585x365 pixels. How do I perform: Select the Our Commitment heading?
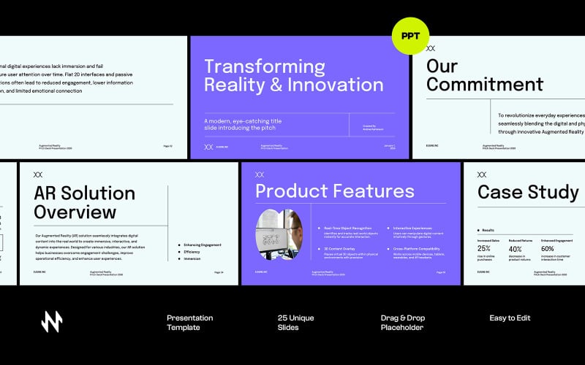click(484, 75)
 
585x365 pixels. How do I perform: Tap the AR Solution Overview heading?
click(84, 202)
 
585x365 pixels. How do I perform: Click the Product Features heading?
click(334, 192)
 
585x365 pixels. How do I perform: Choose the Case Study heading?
click(528, 192)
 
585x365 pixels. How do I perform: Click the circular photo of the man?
click(279, 234)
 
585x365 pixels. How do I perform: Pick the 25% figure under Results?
click(484, 249)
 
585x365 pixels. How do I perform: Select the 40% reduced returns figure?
click(515, 249)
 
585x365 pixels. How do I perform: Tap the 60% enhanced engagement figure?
click(548, 249)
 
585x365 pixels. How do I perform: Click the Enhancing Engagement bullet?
click(202, 245)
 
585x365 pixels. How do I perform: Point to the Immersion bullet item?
click(192, 258)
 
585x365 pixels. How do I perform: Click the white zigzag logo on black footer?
click(52, 322)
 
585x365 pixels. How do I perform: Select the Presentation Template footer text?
click(189, 323)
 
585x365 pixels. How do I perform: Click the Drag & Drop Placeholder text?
click(403, 323)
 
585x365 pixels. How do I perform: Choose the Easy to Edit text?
click(510, 318)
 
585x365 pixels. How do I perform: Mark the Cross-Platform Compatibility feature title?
click(417, 249)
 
